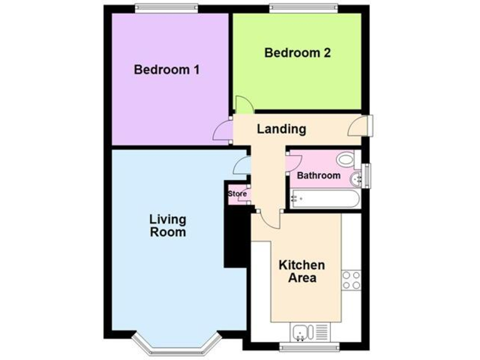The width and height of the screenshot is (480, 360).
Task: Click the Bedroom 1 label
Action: (166, 69)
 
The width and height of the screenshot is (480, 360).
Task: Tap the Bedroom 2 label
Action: (297, 53)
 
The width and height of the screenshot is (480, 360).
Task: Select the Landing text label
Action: (281, 129)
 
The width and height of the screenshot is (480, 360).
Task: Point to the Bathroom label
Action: (318, 176)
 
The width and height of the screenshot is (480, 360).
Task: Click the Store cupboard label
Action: (237, 194)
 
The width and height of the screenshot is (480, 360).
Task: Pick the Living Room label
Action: (167, 226)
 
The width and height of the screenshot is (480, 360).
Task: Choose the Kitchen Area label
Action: (301, 271)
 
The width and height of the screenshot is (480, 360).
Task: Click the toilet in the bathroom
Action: (345, 160)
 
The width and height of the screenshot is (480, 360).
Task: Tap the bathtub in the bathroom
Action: (324, 199)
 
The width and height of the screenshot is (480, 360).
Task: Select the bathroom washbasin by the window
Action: (357, 179)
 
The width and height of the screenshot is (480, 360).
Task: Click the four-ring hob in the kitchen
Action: (351, 279)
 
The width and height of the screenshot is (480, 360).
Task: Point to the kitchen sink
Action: (301, 331)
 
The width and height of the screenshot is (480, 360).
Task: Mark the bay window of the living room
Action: (177, 345)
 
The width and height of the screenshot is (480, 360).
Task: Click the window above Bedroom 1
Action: (167, 8)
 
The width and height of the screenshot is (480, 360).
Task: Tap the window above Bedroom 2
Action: (303, 8)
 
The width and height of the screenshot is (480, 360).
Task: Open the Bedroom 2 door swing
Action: (243, 105)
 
